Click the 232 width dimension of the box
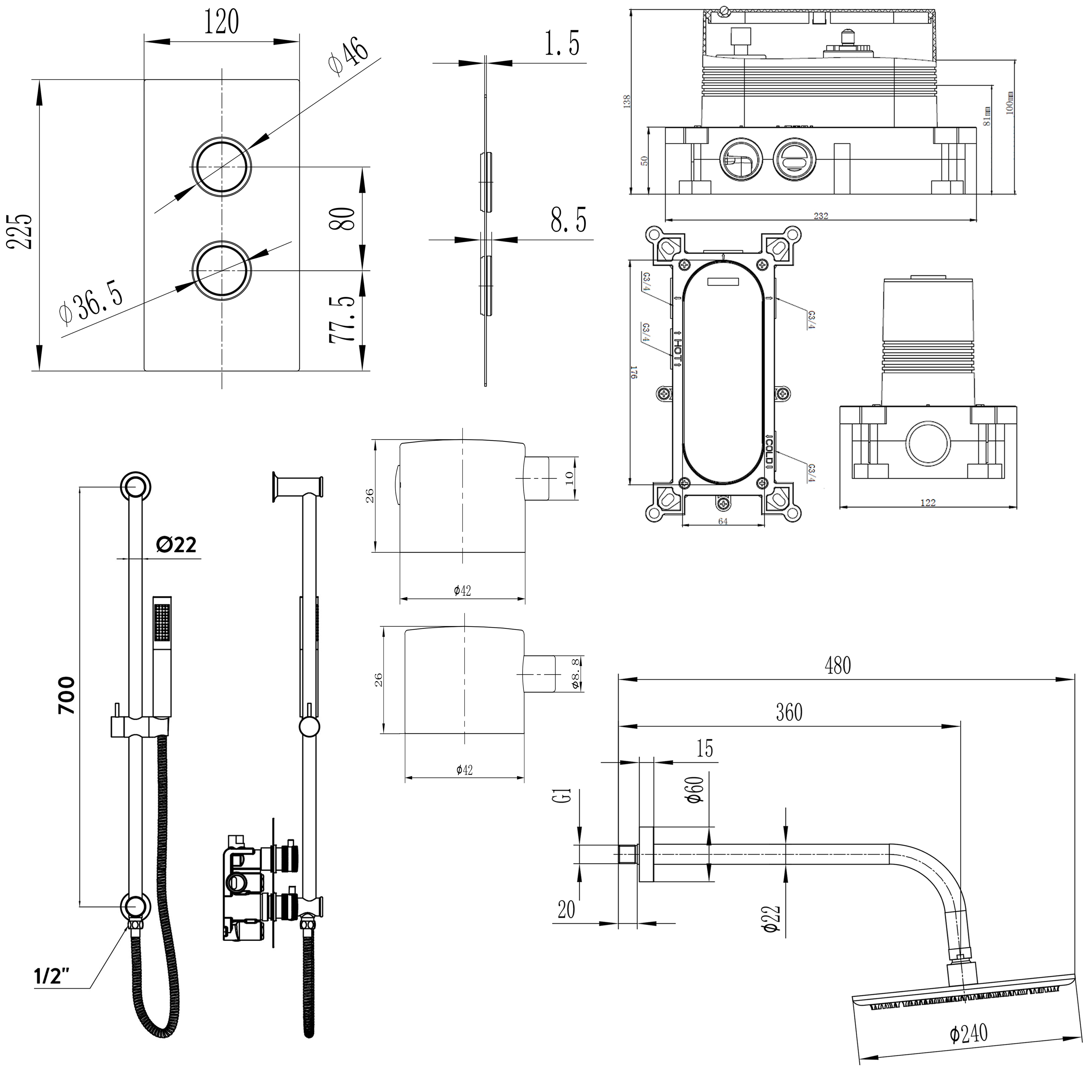coord(820,216)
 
